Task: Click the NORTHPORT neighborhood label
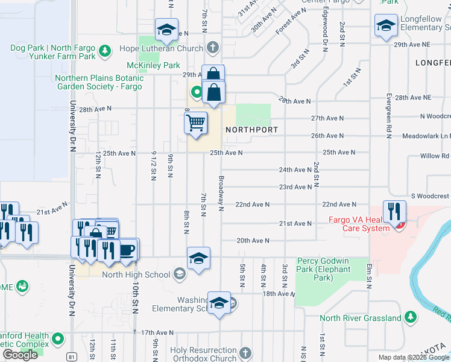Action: click(251, 130)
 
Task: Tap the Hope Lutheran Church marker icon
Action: click(212, 48)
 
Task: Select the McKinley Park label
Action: click(153, 65)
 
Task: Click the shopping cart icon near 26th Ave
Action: click(196, 123)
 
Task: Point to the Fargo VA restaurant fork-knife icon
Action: click(394, 212)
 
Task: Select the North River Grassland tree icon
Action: click(410, 317)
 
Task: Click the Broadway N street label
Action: click(221, 194)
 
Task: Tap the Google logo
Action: click(20, 355)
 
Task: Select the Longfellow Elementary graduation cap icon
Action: click(385, 26)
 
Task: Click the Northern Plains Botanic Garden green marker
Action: click(196, 93)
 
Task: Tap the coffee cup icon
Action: click(127, 249)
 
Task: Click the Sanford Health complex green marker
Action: click(58, 339)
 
